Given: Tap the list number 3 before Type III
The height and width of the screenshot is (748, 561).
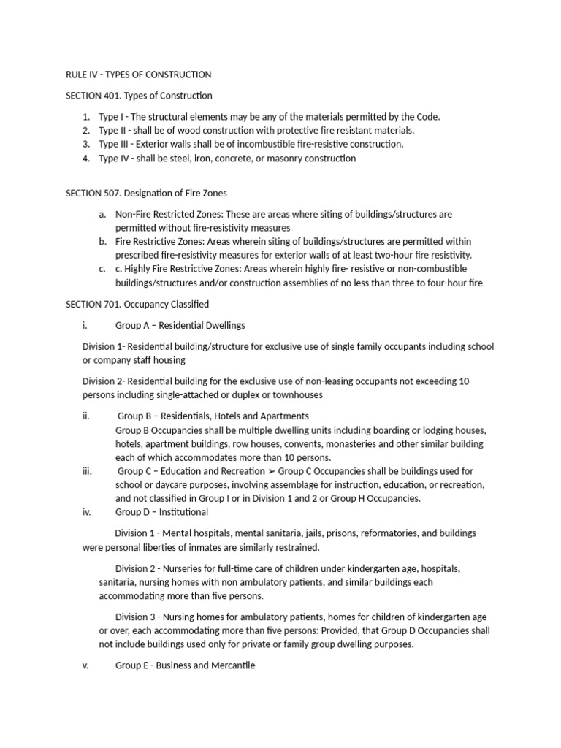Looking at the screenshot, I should click(86, 144).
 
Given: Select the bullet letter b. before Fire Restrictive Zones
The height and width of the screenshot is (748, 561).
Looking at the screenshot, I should click(102, 241).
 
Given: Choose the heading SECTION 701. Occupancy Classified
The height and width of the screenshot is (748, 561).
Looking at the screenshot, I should click(137, 304).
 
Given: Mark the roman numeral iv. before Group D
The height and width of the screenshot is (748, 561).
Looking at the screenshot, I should click(87, 512).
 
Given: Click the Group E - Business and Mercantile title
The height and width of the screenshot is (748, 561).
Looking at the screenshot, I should click(185, 666).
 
